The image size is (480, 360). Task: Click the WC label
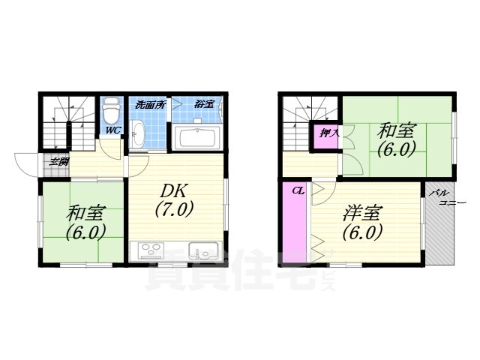click(112, 130)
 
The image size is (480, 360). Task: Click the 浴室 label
click(204, 104)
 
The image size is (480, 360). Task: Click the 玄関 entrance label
click(59, 161)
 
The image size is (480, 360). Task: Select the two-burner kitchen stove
click(149, 251)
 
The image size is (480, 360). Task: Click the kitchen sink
click(202, 251)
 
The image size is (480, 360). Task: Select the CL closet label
click(298, 191)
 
